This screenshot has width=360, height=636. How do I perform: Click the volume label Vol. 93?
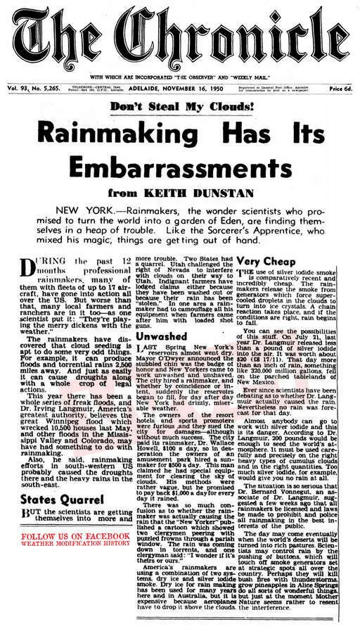pyautogui.click(x=16, y=89)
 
